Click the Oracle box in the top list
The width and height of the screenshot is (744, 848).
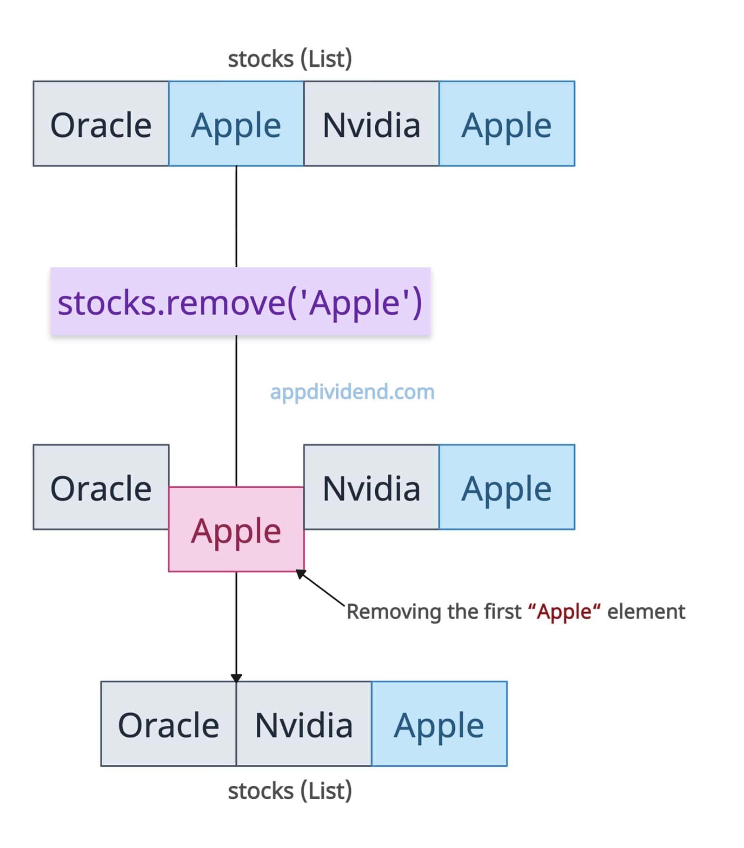coord(101,124)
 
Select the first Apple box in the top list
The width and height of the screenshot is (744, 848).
coord(236,124)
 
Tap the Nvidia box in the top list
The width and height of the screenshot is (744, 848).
coord(372,124)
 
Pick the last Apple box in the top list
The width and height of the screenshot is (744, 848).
coord(507,124)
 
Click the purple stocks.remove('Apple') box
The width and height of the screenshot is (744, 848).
coord(240,301)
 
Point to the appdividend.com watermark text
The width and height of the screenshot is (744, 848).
coord(352,392)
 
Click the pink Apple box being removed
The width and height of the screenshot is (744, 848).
coord(236,529)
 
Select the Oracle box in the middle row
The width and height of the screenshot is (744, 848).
coord(101,487)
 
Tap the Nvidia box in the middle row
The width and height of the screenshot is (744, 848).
coord(372,487)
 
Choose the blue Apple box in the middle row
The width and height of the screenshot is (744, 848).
coord(507,487)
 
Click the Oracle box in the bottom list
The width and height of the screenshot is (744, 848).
coord(168,724)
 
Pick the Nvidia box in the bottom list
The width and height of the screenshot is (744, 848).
coord(304,724)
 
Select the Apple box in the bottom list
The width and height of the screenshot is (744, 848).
coord(439,724)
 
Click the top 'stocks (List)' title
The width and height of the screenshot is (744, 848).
coord(290,59)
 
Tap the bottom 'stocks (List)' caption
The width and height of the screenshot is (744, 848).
coord(290,791)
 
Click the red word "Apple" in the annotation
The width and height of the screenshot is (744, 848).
coord(565,612)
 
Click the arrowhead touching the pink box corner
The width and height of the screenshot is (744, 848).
coord(301,574)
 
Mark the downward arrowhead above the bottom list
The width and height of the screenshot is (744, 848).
coord(236,677)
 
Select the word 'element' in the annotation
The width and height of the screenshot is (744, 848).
coord(646,611)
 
